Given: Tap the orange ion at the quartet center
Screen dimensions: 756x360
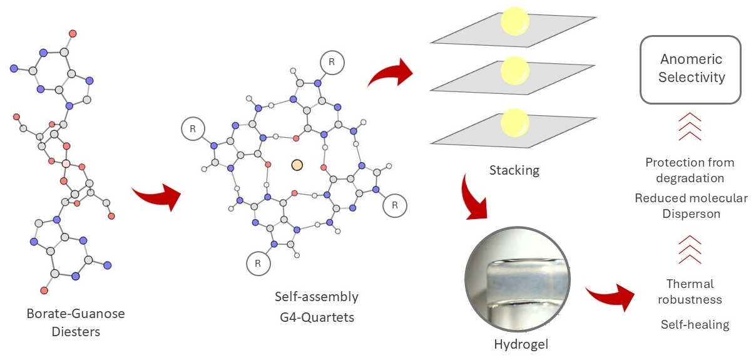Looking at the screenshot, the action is [x=297, y=165].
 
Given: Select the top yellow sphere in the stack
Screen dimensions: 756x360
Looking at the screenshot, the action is [x=514, y=21].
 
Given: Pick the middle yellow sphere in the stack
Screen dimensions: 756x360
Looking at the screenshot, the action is [x=514, y=71].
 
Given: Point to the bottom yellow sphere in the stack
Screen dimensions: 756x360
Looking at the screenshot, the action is [x=514, y=123].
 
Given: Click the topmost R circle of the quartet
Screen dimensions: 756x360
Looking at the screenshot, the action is [x=332, y=63].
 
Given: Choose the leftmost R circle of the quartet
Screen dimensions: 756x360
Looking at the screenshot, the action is [x=193, y=129].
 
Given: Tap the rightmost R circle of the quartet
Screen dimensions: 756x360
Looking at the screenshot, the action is [x=395, y=205].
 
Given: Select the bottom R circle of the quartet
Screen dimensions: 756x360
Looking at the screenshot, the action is [x=258, y=264].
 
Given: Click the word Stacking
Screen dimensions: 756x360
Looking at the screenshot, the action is [x=514, y=170].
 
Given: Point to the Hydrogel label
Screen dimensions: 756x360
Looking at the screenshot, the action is [x=521, y=344].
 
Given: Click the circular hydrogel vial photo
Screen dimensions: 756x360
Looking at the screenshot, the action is [x=518, y=279].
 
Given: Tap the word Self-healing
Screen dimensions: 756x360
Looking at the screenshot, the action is [x=695, y=324].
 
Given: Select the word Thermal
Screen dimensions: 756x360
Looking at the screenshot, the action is [x=690, y=284].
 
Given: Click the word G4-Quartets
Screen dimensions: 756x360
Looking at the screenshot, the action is [x=317, y=317].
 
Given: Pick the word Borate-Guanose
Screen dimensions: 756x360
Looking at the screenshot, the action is [x=76, y=314].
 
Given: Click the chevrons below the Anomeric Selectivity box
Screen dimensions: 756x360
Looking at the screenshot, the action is [x=690, y=126].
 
